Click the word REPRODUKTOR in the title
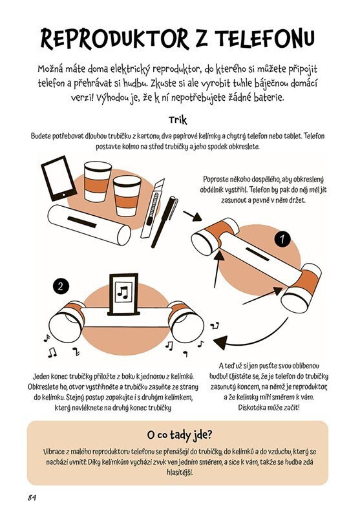point(115,39)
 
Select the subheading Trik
point(178,120)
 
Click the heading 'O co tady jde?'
point(180,435)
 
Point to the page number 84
point(32,498)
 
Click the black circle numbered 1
point(282,238)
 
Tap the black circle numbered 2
point(60,286)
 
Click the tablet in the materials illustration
point(59,178)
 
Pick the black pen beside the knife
point(164,222)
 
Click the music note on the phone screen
point(123,292)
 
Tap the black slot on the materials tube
point(81,222)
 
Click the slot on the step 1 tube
point(257,254)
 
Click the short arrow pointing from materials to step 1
point(192,216)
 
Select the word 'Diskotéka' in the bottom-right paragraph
point(253,407)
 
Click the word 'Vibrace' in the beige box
point(53,452)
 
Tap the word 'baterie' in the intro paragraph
point(268,98)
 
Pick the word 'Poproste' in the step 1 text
point(216,180)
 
